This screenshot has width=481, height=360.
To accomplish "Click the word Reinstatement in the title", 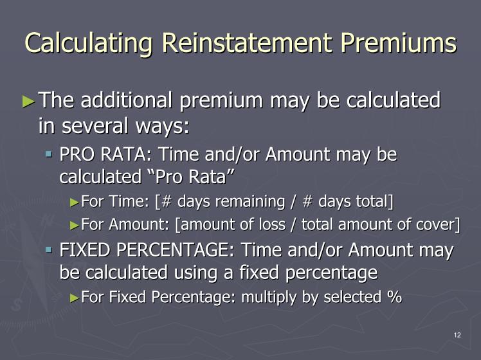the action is pyautogui.click(x=247, y=42).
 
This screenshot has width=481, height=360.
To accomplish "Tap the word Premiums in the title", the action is pyautogui.click(x=399, y=42).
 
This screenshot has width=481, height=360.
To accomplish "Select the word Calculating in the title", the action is pyautogui.click(x=88, y=44).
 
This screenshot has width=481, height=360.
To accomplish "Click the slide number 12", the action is pyautogui.click(x=457, y=335).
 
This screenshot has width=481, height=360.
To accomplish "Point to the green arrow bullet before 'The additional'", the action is pyautogui.click(x=29, y=101).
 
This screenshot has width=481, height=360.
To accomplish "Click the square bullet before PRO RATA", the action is pyautogui.click(x=49, y=154).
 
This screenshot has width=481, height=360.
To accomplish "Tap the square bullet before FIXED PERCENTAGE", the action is pyautogui.click(x=49, y=250).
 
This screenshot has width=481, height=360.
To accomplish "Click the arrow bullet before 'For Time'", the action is pyautogui.click(x=75, y=203).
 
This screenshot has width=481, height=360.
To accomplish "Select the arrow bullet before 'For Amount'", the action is pyautogui.click(x=75, y=226).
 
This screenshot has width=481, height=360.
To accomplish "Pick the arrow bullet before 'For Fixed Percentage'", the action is pyautogui.click(x=75, y=298).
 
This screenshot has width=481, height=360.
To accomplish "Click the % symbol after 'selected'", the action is pyautogui.click(x=394, y=297).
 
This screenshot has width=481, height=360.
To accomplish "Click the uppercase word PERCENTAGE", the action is pyautogui.click(x=176, y=250).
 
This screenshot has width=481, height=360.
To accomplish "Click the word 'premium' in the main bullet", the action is pyautogui.click(x=221, y=102).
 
